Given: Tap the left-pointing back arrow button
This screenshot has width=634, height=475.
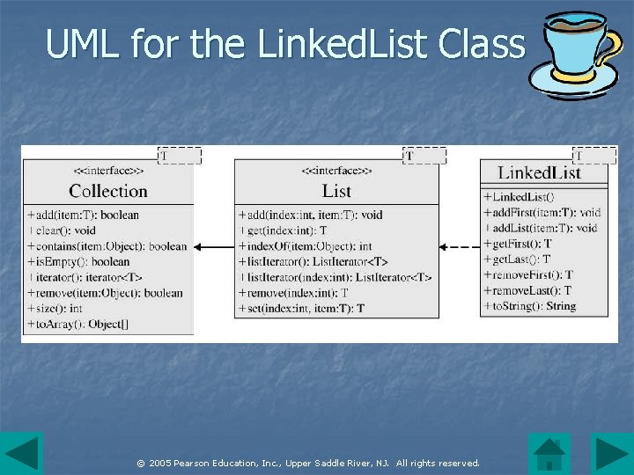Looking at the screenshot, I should (21, 454).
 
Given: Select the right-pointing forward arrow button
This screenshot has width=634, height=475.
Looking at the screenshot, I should (609, 454).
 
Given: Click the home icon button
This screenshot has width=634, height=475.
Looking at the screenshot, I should (549, 454).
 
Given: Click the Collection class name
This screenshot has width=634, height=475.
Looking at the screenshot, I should (108, 191).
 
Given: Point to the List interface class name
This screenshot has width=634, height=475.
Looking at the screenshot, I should (336, 191).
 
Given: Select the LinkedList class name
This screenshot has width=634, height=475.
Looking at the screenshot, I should (539, 172).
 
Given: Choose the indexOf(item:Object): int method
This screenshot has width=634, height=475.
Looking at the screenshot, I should (305, 246).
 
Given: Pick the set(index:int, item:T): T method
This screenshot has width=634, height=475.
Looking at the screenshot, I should (300, 309).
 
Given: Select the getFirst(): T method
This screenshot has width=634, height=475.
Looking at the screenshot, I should (518, 244).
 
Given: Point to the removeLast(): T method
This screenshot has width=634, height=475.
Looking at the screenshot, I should (527, 290).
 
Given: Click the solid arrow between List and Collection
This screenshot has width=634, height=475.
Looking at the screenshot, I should (214, 247).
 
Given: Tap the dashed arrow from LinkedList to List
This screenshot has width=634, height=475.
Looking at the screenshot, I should (459, 247).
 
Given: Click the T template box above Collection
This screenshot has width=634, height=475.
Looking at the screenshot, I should (180, 156).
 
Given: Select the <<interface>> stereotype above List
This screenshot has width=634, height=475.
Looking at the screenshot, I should (336, 170).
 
